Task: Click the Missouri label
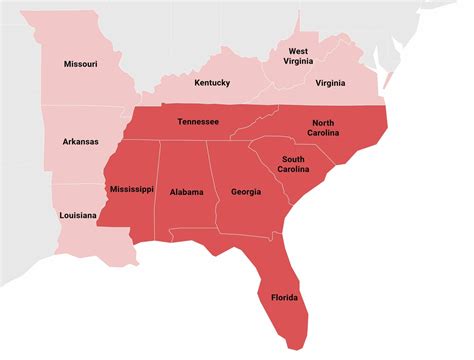[80, 64]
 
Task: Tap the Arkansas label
[80, 142]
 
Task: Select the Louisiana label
[77, 215]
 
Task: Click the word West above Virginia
[298, 50]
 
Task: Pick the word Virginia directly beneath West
[298, 62]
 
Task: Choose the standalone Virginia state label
[330, 84]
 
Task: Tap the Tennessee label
[198, 122]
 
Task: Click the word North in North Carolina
[324, 122]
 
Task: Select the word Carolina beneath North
[324, 133]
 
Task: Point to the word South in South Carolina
[293, 159]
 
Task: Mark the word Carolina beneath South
[293, 170]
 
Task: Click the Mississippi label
[131, 188]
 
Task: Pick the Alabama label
[186, 192]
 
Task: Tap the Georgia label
[246, 192]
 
